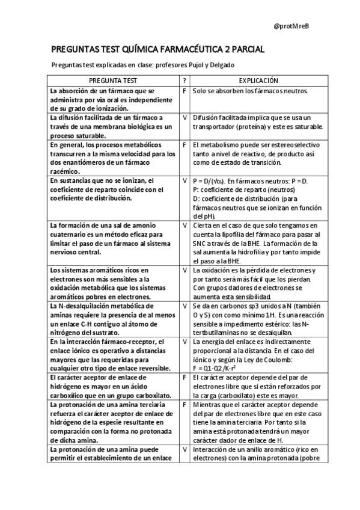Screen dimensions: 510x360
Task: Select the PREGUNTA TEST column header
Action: point(113,80)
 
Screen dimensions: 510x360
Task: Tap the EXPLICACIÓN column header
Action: point(258,80)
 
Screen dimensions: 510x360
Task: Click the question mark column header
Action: point(184,80)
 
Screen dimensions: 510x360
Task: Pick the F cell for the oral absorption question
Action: point(184,91)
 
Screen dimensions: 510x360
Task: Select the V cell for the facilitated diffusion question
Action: point(184,117)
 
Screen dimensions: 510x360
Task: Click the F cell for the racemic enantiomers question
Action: point(184,144)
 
